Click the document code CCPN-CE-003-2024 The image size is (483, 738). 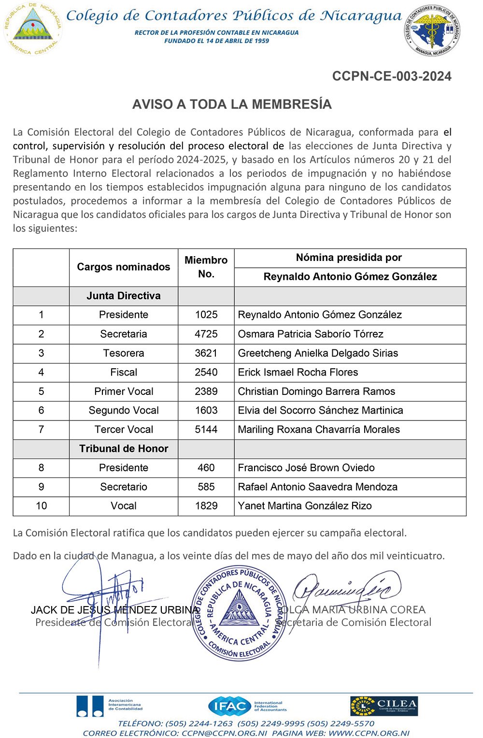(392, 76)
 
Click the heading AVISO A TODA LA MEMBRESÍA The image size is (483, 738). (232, 104)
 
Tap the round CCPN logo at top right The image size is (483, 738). (432, 30)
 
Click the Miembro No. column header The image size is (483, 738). (206, 267)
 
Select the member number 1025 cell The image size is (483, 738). (206, 315)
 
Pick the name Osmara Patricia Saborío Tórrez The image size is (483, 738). (311, 334)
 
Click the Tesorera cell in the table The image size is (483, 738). (124, 353)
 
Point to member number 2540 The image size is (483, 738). (206, 372)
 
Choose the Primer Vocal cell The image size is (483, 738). (124, 391)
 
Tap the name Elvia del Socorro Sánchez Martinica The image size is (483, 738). (320, 410)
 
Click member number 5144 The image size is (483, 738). (206, 430)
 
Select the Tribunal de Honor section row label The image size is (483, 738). (124, 449)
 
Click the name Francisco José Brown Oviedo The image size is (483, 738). (306, 468)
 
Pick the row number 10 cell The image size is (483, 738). (41, 506)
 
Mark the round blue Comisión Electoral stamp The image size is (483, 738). (239, 613)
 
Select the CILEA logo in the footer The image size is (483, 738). (384, 706)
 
